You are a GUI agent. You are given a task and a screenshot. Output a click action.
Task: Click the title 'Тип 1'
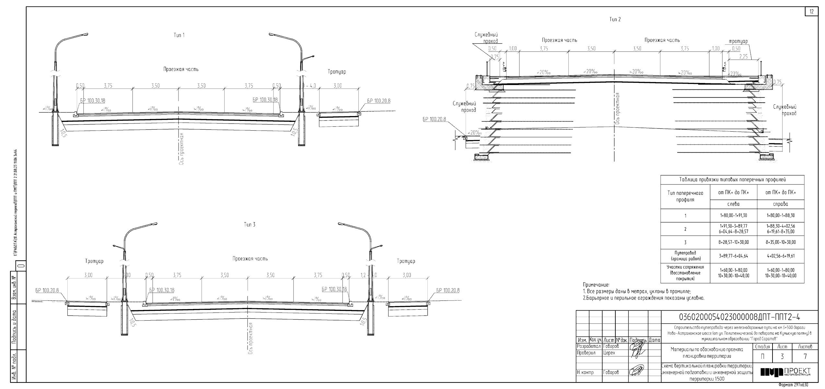pyautogui.click(x=179, y=35)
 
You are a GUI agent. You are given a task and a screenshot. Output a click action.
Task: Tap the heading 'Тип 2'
pyautogui.click(x=615, y=19)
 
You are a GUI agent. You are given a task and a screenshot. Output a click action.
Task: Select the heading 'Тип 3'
pyautogui.click(x=250, y=225)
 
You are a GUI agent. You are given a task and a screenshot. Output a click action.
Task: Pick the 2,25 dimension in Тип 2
pyautogui.click(x=744, y=57)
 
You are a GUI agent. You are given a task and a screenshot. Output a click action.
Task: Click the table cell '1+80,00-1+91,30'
pyautogui.click(x=733, y=216)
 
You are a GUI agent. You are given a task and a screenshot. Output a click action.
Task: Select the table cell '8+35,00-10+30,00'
pyautogui.click(x=780, y=242)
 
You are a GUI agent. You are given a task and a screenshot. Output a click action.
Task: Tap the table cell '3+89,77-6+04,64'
pyautogui.click(x=733, y=256)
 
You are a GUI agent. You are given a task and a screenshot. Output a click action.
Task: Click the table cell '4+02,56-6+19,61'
pyautogui.click(x=780, y=256)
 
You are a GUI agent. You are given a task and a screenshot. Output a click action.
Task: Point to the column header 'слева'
pyautogui.click(x=733, y=204)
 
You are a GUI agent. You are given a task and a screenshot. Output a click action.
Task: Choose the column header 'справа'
pyautogui.click(x=780, y=204)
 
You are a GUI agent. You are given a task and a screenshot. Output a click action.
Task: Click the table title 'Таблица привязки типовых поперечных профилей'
pyautogui.click(x=732, y=180)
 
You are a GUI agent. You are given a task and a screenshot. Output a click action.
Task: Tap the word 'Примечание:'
pyautogui.click(x=596, y=285)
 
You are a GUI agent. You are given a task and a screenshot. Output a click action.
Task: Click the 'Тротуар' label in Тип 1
pyautogui.click(x=337, y=72)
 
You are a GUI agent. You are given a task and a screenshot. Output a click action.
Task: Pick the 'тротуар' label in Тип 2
pyautogui.click(x=738, y=41)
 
